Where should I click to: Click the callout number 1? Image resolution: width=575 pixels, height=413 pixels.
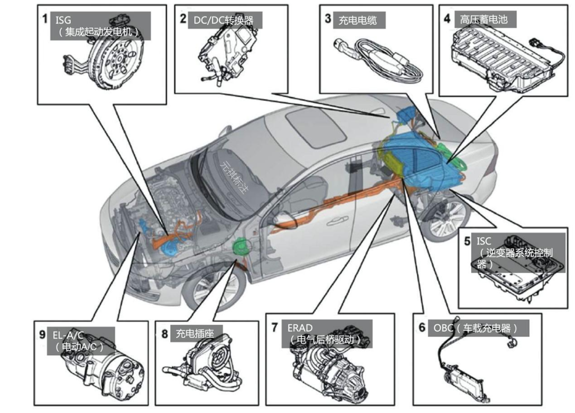coord(47,20)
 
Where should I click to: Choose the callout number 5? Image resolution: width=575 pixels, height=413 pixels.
coord(466,241)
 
